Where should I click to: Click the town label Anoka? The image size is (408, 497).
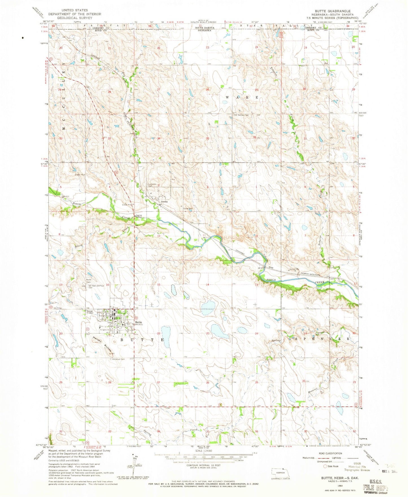[x=164, y=202]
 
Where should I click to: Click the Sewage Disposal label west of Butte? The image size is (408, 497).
[x=90, y=312]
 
